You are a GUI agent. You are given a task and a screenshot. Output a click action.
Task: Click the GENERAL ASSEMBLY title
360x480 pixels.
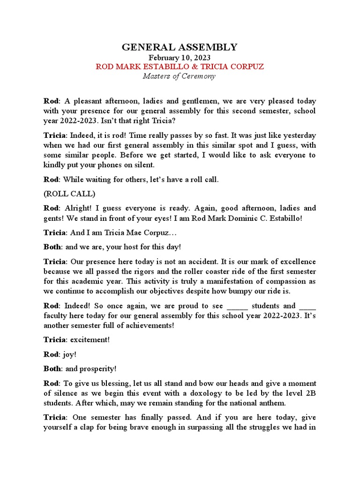coord(180,47)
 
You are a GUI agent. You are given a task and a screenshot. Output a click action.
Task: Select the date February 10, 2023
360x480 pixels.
coord(180,57)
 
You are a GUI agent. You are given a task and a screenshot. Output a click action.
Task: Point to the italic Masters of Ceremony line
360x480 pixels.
coord(180,76)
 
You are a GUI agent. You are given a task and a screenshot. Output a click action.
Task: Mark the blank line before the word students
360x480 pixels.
coord(237,306)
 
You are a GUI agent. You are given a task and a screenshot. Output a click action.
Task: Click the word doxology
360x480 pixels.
coord(200,393)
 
